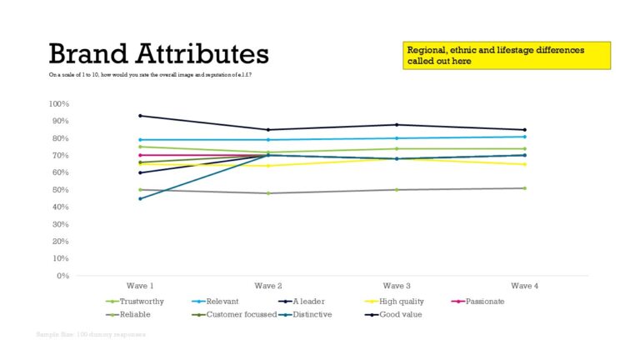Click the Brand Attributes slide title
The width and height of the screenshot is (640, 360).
point(158,54)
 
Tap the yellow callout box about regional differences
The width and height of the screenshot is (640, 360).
point(507,56)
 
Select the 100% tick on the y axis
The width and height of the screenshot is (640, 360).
point(59,104)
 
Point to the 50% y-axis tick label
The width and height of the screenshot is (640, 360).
point(61,190)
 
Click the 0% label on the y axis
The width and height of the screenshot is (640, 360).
point(63,276)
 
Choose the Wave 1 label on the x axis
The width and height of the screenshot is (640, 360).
point(139,286)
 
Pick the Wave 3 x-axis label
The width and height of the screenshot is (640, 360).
point(396,286)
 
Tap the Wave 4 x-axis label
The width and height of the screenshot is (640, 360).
point(524,286)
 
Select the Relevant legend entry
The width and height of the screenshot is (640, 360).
point(221,302)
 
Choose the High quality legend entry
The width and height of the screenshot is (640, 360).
point(401,302)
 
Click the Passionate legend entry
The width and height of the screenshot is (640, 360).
point(484,302)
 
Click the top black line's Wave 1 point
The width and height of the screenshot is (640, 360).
point(140,116)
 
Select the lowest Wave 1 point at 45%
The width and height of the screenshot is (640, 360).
point(140,198)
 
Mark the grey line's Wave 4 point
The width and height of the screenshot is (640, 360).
point(524,188)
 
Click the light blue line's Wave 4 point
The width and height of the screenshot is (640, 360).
point(524,137)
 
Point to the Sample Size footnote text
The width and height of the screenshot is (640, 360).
point(91,333)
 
